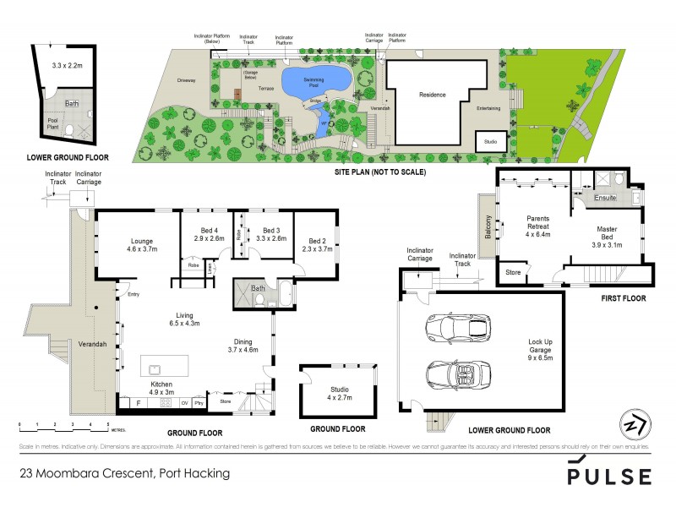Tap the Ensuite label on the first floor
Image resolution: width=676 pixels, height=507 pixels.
coord(603,199)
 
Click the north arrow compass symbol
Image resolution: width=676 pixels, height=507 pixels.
coord(630,423)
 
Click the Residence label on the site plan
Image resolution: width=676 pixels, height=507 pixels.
coord(432,95)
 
